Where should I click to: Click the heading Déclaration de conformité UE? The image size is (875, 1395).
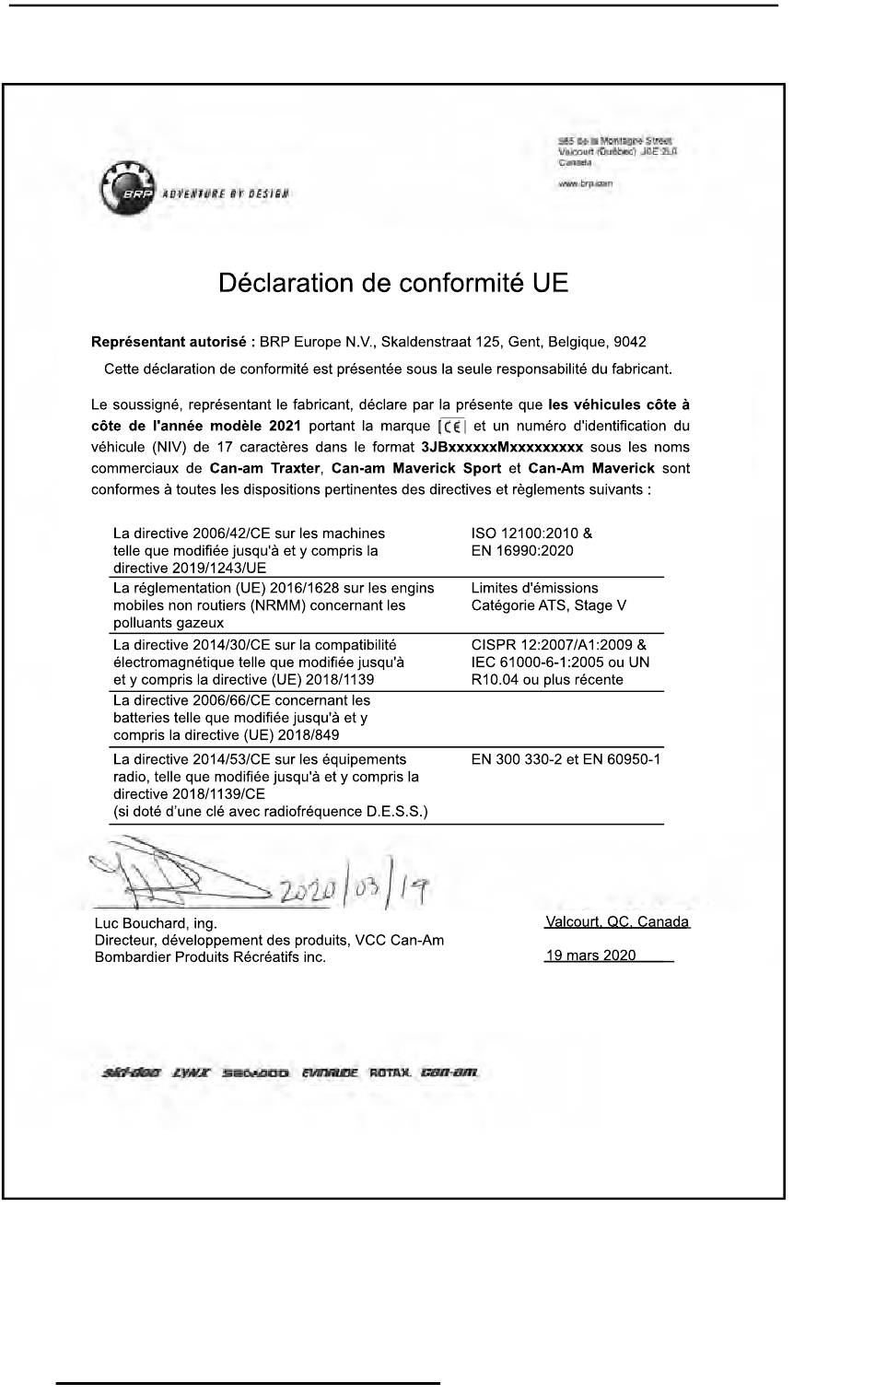pyautogui.click(x=393, y=283)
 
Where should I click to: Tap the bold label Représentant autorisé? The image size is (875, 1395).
pyautogui.click(x=169, y=342)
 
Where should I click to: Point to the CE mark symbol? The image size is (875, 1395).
pyautogui.click(x=453, y=427)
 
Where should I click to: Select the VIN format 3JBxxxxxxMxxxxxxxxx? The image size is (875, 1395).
pyautogui.click(x=502, y=448)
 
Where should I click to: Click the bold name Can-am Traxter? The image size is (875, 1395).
pyautogui.click(x=263, y=468)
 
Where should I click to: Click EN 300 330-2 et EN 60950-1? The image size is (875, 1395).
pyautogui.click(x=566, y=760)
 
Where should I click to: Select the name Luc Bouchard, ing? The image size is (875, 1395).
pyautogui.click(x=156, y=923)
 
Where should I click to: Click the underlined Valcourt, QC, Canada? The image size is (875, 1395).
pyautogui.click(x=617, y=922)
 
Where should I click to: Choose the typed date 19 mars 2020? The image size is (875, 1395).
pyautogui.click(x=590, y=955)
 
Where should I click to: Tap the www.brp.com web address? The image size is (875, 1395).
pyautogui.click(x=585, y=184)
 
